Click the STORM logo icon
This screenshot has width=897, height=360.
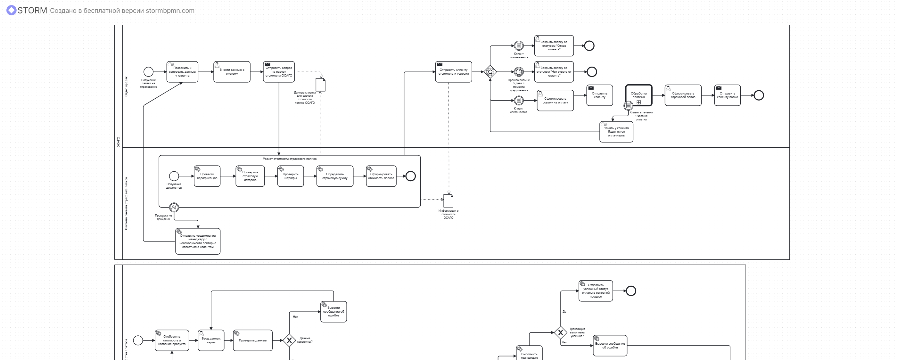(12, 11)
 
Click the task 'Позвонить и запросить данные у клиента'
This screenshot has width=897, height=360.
(182, 72)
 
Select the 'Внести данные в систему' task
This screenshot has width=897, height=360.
(232, 72)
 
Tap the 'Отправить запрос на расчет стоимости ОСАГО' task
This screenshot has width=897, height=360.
(279, 72)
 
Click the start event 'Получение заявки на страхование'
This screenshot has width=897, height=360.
(148, 72)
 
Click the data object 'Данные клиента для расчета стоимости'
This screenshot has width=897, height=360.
(320, 85)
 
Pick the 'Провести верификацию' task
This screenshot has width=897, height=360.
(207, 176)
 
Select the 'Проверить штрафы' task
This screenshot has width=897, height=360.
(291, 176)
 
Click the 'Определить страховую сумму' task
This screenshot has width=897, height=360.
(335, 176)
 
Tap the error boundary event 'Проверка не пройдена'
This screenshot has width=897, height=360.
(174, 208)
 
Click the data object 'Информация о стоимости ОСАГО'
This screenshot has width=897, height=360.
(448, 200)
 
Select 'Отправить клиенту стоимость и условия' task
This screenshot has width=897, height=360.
(453, 72)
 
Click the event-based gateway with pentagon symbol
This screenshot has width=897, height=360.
(490, 72)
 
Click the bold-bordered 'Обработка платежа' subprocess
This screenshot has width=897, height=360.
(638, 95)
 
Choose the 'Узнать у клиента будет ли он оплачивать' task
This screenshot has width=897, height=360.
(616, 132)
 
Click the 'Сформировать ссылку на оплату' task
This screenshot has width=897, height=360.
(555, 101)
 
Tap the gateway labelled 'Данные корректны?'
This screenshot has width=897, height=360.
(289, 340)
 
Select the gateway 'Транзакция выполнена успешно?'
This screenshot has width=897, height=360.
(560, 332)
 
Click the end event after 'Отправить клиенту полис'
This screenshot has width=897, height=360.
(759, 95)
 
